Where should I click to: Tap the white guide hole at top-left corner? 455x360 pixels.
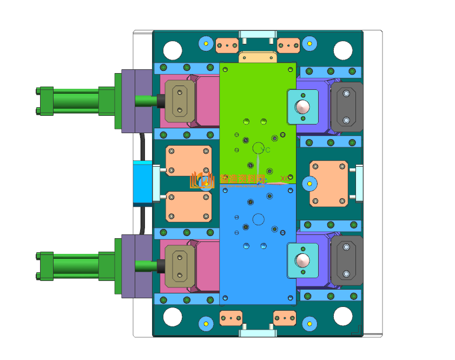click(x=173, y=50)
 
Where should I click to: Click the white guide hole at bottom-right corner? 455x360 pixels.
click(x=343, y=317)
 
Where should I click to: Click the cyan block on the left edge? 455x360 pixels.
click(x=143, y=183)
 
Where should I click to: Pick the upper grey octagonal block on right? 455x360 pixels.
click(x=346, y=107)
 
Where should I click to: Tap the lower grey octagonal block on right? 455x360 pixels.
click(x=346, y=260)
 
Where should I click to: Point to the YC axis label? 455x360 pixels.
click(x=265, y=150)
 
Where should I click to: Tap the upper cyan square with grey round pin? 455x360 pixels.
click(x=302, y=107)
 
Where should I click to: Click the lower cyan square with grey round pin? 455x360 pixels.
click(x=302, y=260)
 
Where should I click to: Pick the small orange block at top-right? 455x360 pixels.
click(x=288, y=45)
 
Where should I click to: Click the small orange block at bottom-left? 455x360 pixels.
click(x=230, y=317)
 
